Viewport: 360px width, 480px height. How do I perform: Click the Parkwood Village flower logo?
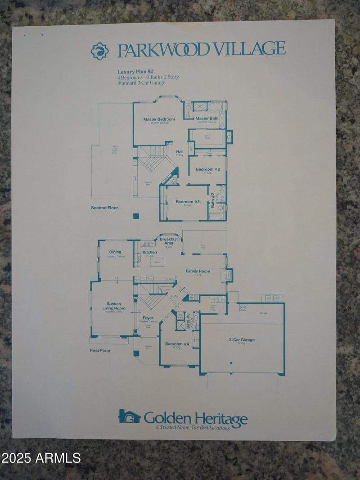(100, 51)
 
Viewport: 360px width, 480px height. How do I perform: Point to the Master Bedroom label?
(159, 119)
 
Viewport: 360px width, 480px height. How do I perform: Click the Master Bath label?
(207, 118)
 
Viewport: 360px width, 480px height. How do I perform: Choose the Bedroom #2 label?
(207, 169)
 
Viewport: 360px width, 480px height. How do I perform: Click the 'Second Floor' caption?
(105, 208)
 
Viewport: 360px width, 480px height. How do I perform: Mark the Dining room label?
(115, 252)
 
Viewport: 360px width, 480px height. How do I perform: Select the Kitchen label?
(149, 252)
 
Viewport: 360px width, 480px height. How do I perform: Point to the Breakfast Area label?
(169, 241)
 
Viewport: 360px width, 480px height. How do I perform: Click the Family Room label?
(198, 271)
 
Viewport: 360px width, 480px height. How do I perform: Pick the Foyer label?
(148, 318)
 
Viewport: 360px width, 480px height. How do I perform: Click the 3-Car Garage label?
(242, 340)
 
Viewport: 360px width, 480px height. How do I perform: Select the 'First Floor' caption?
(100, 350)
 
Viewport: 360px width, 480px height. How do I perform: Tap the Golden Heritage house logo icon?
(130, 416)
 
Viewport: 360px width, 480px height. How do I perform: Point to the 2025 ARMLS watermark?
(41, 458)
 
